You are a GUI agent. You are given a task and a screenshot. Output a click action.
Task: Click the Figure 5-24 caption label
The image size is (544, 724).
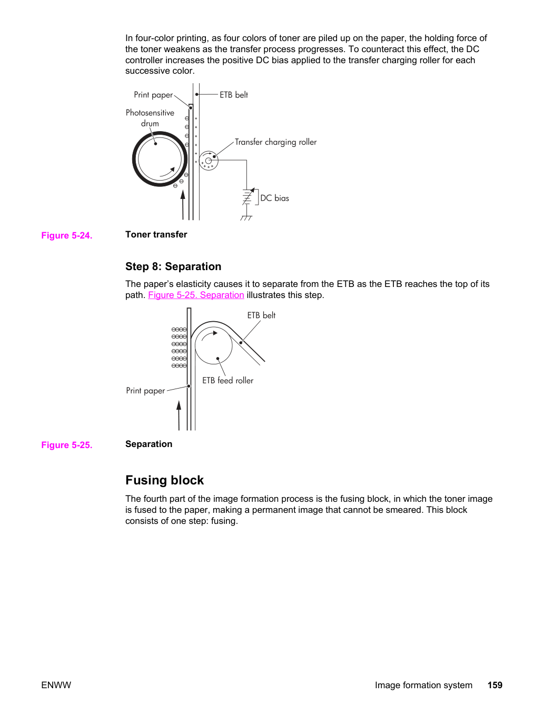tap(67, 235)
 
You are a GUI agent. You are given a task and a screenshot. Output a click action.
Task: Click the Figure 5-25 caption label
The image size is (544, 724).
tap(67, 445)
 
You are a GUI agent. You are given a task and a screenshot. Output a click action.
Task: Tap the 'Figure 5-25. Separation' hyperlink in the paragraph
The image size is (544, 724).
tap(196, 295)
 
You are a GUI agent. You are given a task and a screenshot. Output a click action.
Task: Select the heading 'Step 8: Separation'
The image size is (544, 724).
tap(173, 266)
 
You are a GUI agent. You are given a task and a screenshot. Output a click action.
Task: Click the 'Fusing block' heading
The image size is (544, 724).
tap(165, 480)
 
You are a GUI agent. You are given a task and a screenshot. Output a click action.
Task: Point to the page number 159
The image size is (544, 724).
tap(495, 685)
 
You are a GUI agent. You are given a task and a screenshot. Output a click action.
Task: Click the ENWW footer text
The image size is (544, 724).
tap(56, 685)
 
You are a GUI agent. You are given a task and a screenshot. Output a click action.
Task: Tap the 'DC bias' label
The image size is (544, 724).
tap(274, 198)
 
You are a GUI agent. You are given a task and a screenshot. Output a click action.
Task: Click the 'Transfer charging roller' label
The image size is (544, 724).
tap(275, 142)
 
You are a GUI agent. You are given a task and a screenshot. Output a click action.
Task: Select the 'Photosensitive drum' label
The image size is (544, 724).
tap(150, 118)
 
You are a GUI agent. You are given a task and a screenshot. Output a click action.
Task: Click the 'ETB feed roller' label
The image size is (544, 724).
tap(228, 380)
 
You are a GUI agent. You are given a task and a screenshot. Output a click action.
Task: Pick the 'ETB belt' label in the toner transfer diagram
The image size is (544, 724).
tap(234, 95)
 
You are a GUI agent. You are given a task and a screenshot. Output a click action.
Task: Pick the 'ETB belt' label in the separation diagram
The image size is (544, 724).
tap(261, 315)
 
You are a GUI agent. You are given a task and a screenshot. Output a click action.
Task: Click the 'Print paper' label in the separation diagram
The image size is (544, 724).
tap(145, 391)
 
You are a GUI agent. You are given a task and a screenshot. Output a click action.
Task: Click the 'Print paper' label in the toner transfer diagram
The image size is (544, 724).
tap(153, 95)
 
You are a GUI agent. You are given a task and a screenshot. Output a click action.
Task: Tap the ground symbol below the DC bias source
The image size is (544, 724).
tap(246, 217)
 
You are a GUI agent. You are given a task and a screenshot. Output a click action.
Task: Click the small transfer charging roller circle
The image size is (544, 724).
tap(209, 161)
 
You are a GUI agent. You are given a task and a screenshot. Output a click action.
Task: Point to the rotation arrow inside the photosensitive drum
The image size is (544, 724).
tap(167, 173)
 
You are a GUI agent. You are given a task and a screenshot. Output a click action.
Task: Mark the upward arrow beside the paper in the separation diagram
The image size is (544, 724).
tap(179, 415)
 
